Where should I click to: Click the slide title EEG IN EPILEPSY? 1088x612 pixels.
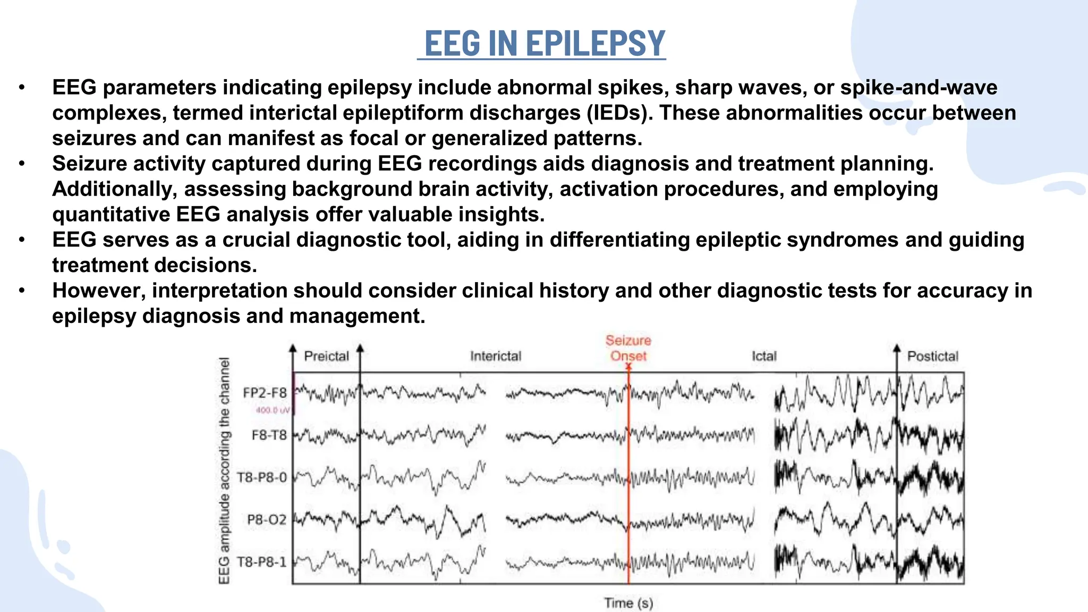544,44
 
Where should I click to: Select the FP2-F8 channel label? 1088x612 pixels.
265,393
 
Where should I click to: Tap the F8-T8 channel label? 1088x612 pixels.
269,435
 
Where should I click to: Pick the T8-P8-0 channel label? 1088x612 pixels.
262,477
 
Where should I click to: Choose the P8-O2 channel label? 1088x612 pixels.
267,519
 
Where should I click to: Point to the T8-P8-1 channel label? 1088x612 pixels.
262,562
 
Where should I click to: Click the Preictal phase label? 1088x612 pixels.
326,356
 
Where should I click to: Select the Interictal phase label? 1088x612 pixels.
496,356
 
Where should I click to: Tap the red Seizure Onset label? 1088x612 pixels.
628,348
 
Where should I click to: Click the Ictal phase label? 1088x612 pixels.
764,356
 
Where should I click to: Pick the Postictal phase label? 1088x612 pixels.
932,356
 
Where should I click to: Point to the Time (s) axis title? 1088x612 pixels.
628,603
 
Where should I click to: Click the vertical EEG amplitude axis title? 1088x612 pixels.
225,470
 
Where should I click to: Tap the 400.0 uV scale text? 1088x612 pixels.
273,410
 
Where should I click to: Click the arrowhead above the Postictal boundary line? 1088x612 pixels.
897,348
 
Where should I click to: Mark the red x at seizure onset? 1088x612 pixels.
628,367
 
